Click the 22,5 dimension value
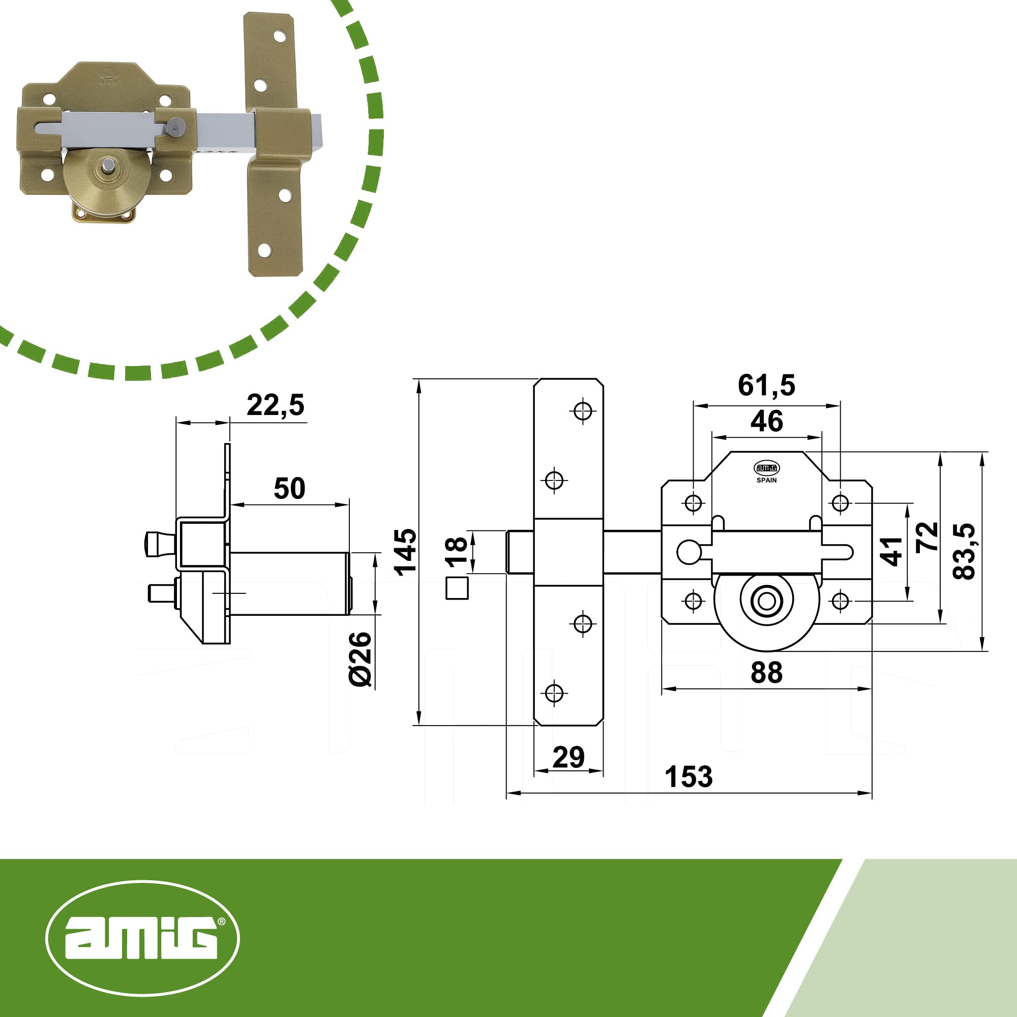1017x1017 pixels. (x=275, y=405)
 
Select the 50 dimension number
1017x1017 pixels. (x=289, y=489)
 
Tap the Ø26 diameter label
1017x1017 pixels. (x=361, y=659)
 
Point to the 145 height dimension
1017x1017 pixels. (x=405, y=552)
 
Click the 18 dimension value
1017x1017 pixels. (x=456, y=552)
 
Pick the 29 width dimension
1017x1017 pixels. (x=569, y=758)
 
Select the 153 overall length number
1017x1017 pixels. (x=689, y=777)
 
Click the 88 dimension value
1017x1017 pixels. (x=766, y=673)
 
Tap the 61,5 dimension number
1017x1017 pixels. (x=766, y=385)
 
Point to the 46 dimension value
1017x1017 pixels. (x=767, y=421)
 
